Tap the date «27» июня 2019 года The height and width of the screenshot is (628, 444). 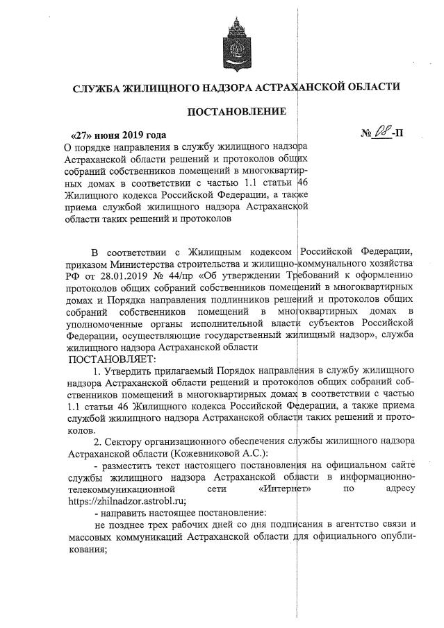119,134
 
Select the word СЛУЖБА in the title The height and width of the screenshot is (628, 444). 96,88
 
